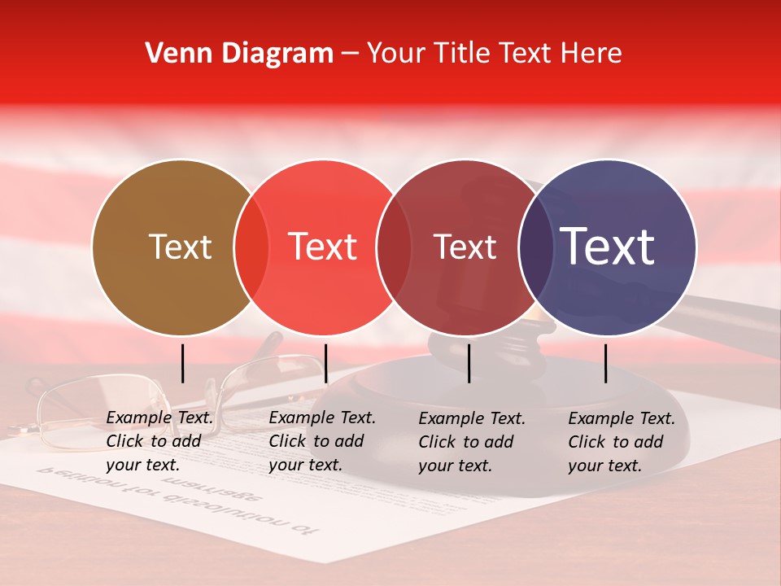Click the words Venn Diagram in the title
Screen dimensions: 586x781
coord(239,54)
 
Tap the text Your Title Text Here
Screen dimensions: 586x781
coord(494,54)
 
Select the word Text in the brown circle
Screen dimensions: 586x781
coord(180,247)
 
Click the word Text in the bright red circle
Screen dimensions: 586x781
coord(322,247)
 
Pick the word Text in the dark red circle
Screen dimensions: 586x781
coord(465,247)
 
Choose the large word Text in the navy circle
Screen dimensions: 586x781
coord(608,247)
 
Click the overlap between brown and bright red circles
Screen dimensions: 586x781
coord(251,247)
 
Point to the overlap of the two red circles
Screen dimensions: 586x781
coord(394,247)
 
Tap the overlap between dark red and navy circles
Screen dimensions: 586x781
coord(536,247)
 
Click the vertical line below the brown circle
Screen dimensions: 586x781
coord(183,363)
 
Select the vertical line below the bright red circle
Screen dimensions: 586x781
coord(325,363)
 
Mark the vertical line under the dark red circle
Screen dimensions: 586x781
coord(469,363)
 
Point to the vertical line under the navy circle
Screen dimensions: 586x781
coord(606,363)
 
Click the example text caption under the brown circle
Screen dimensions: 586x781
coord(159,441)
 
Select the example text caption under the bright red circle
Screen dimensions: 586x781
coord(321,441)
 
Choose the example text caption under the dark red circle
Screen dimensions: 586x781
coord(472,441)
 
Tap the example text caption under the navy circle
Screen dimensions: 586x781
coord(622,441)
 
